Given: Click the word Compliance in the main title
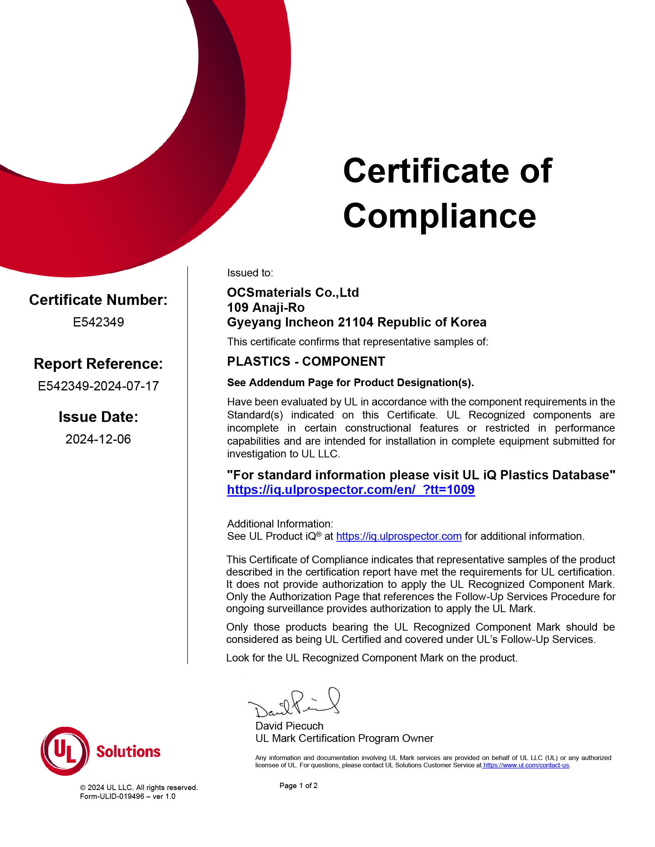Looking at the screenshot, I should [x=439, y=216].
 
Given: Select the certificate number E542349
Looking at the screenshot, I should [x=98, y=322].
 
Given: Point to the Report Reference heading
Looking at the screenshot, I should [x=98, y=364].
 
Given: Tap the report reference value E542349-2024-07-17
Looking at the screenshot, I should [x=98, y=386].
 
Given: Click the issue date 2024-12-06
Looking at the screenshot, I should [x=98, y=439].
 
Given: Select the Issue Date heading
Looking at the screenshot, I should [x=98, y=417].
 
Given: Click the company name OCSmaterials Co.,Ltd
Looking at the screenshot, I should [x=293, y=293].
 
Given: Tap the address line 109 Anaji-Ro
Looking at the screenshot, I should [x=266, y=308].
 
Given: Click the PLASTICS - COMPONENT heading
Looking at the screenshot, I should [x=306, y=362].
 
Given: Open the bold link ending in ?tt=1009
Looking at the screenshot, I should [x=351, y=490].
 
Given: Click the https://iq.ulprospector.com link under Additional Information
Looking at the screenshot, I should [x=398, y=536].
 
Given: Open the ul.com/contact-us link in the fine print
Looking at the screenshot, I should [x=526, y=765].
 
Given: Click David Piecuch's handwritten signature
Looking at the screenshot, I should [x=295, y=703].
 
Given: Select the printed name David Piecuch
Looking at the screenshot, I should [x=289, y=726].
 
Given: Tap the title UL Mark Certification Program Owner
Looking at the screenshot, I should [x=344, y=738].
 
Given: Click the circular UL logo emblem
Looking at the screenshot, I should [x=65, y=751].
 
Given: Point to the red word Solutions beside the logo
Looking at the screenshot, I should [x=128, y=752].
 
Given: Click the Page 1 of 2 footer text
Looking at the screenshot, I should [x=298, y=786].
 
